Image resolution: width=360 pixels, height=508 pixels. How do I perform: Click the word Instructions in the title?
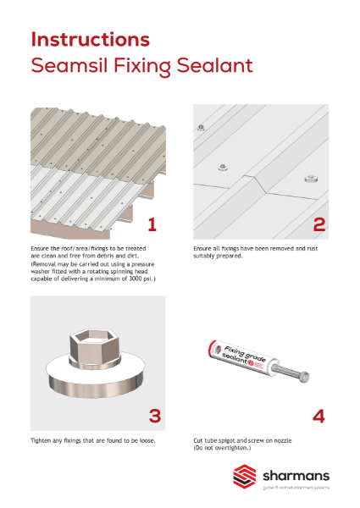pyautogui.click(x=91, y=40)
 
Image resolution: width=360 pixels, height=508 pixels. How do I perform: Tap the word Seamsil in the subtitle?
pyautogui.click(x=69, y=65)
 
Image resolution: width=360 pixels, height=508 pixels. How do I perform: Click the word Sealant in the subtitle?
pyautogui.click(x=214, y=65)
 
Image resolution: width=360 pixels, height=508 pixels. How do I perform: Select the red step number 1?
pyautogui.click(x=152, y=224)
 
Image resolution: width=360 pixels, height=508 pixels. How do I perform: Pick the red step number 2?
pyautogui.click(x=318, y=224)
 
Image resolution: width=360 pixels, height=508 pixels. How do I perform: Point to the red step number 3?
pyautogui.click(x=155, y=416)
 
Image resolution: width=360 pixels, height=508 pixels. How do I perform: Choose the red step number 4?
pyautogui.click(x=318, y=416)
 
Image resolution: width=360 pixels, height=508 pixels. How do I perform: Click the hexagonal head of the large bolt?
pyautogui.click(x=95, y=345)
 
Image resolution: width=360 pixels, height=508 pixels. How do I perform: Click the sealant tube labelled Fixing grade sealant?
pyautogui.click(x=242, y=357)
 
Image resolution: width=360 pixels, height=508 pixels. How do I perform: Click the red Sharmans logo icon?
pyautogui.click(x=245, y=475)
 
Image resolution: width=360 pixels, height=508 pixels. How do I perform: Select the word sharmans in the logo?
pyautogui.click(x=296, y=476)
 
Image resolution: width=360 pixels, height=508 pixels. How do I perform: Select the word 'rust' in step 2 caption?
pyautogui.click(x=312, y=248)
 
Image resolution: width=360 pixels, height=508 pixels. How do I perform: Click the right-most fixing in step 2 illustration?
pyautogui.click(x=311, y=179)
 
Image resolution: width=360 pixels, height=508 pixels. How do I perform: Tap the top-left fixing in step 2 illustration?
pyautogui.click(x=201, y=127)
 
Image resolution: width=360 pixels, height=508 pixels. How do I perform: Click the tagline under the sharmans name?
pyautogui.click(x=296, y=488)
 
